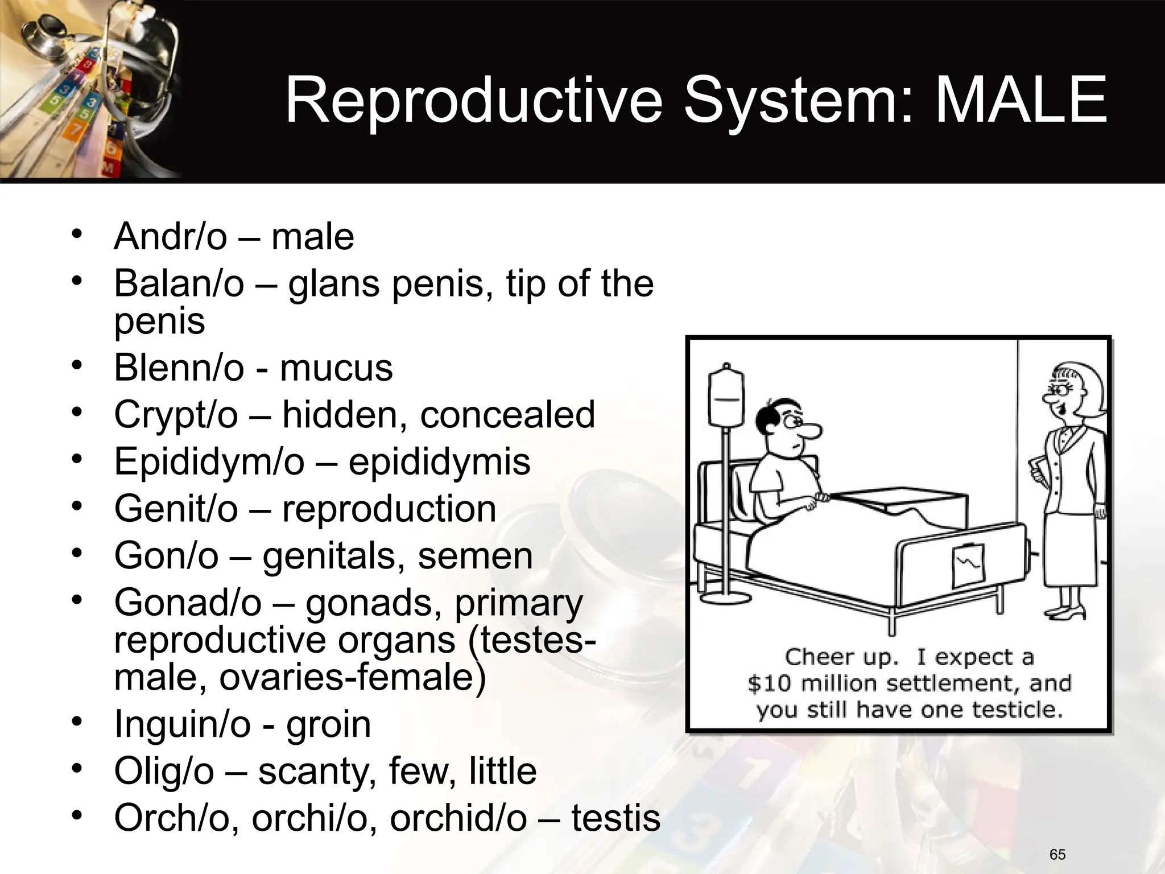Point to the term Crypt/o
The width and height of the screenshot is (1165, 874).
175,415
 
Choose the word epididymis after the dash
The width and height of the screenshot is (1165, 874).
439,461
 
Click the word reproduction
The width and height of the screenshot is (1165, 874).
389,509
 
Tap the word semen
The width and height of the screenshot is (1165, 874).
475,556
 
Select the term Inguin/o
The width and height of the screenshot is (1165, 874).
182,724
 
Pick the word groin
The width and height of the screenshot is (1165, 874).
328,724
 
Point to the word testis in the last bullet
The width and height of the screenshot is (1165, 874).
615,818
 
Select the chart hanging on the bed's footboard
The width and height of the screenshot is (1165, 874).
968,565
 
